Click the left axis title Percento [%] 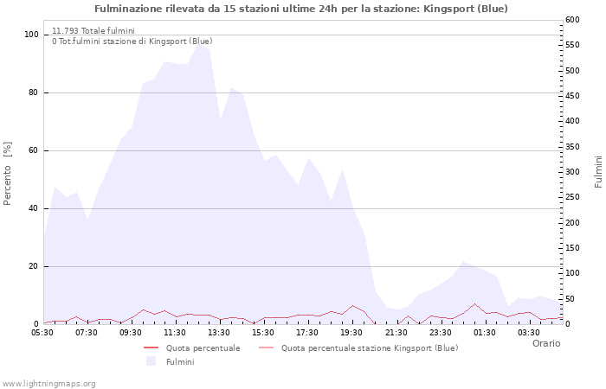click(x=8, y=172)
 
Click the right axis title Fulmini click(x=598, y=172)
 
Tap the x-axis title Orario click(x=545, y=343)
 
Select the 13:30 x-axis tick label click(x=219, y=332)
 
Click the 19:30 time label click(x=352, y=332)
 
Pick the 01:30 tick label click(x=485, y=332)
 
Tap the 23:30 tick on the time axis click(x=441, y=332)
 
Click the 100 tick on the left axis click(x=32, y=35)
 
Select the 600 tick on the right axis click(x=573, y=20)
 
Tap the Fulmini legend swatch click(x=151, y=361)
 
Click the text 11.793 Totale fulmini click(x=93, y=30)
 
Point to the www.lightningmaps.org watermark click(x=49, y=383)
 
